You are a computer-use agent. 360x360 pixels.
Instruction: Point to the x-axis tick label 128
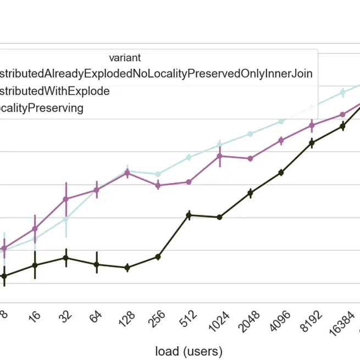(x=126, y=322)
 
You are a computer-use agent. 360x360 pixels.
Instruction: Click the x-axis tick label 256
(x=157, y=322)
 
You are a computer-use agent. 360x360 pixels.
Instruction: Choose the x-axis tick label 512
(x=187, y=322)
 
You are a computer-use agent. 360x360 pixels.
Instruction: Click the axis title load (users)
(x=189, y=351)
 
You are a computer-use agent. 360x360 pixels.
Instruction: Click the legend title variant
(x=125, y=58)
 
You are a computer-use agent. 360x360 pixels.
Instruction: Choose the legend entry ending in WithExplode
(x=54, y=91)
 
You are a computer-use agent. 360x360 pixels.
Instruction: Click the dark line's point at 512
(x=189, y=215)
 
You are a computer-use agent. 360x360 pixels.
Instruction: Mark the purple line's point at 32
(x=66, y=199)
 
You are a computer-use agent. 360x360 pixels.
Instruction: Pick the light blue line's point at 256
(x=158, y=174)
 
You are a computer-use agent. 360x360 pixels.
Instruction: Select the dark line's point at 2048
(x=250, y=193)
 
